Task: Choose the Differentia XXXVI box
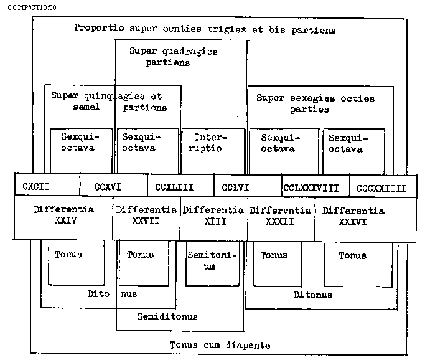click(x=353, y=216)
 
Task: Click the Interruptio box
click(x=212, y=143)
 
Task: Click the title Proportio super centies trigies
click(x=205, y=29)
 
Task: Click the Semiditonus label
click(x=167, y=316)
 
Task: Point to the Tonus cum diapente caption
click(x=220, y=344)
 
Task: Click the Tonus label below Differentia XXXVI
click(x=352, y=255)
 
